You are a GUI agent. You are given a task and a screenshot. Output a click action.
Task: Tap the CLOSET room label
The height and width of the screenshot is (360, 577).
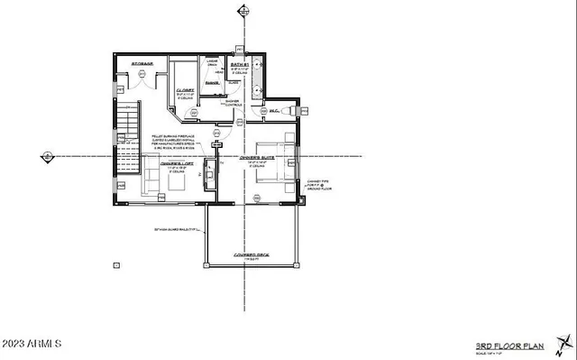pyautogui.click(x=186, y=90)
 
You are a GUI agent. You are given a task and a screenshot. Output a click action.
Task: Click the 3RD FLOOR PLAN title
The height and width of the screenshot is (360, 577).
pyautogui.click(x=508, y=346)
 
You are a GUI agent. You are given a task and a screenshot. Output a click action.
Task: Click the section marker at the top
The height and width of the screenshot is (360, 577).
pyautogui.click(x=241, y=12)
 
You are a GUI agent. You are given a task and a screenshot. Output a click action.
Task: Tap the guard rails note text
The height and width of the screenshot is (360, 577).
pyautogui.click(x=177, y=230)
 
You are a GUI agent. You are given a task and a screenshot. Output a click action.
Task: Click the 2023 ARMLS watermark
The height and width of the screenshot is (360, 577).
pyautogui.click(x=32, y=345)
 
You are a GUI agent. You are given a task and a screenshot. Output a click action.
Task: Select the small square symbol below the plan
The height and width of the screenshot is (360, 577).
pyautogui.click(x=115, y=265)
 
